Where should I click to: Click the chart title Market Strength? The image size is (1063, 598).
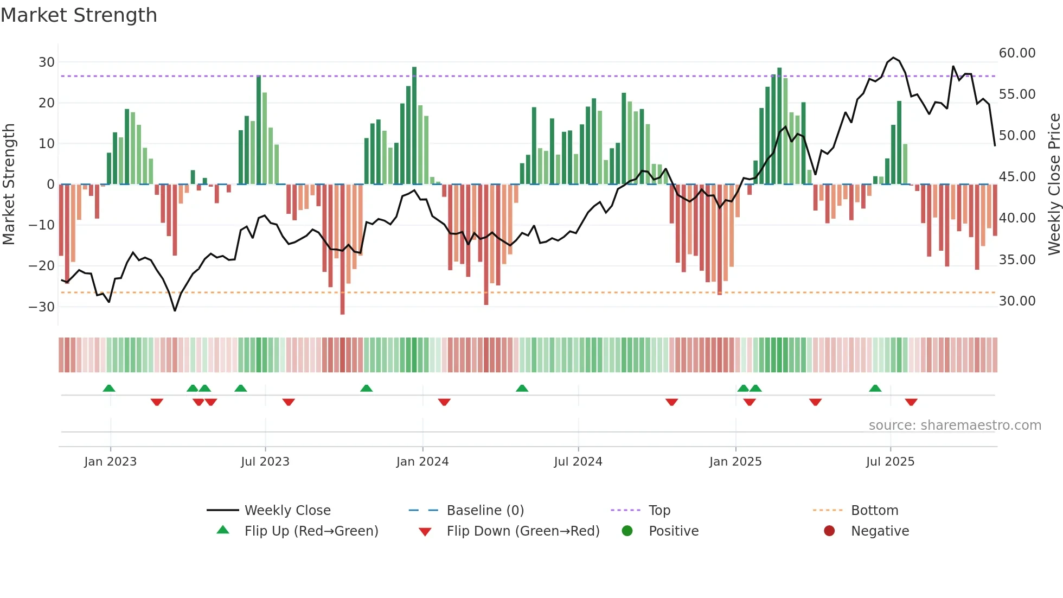point(79,15)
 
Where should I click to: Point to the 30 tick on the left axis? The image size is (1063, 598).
point(47,62)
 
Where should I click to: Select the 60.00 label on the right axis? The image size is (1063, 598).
point(1017,53)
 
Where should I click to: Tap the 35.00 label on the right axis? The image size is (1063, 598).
point(1017,259)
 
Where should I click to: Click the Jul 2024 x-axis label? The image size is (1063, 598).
point(578,462)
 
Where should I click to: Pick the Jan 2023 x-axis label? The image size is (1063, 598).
point(110,462)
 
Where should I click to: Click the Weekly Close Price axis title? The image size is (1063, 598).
point(1054,184)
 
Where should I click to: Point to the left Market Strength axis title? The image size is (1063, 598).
point(9,184)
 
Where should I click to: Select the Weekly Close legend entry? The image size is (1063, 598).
point(287,511)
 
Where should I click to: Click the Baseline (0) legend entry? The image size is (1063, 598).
point(485,511)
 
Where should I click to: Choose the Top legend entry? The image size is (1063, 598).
point(659,511)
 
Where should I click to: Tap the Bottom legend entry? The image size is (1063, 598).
point(874,511)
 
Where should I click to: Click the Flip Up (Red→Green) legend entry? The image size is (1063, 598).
point(311,531)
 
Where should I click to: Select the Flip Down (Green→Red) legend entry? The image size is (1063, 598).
point(523,531)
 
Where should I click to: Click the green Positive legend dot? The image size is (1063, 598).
point(627,531)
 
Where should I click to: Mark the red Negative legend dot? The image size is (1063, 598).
point(829,531)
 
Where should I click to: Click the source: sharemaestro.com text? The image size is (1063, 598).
point(955,425)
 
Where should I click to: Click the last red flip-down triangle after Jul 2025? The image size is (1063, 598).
point(911,402)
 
